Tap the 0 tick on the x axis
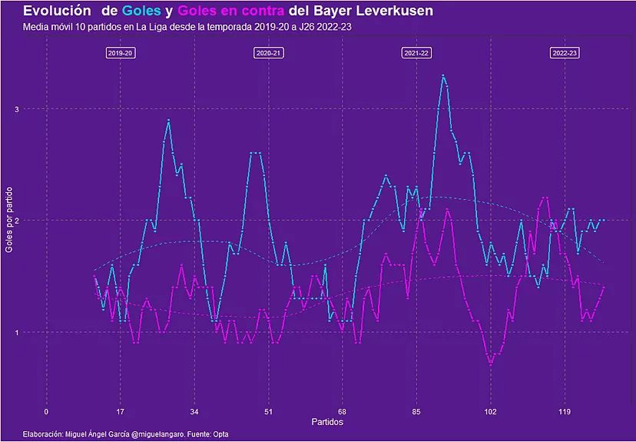click(x=46, y=411)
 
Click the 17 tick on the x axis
click(x=121, y=411)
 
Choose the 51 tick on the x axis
click(x=268, y=411)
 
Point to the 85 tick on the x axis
click(x=416, y=411)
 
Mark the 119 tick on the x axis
click(x=565, y=411)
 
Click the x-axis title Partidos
click(x=327, y=422)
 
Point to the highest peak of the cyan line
click(x=443, y=75)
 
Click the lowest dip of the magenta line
click(x=491, y=362)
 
